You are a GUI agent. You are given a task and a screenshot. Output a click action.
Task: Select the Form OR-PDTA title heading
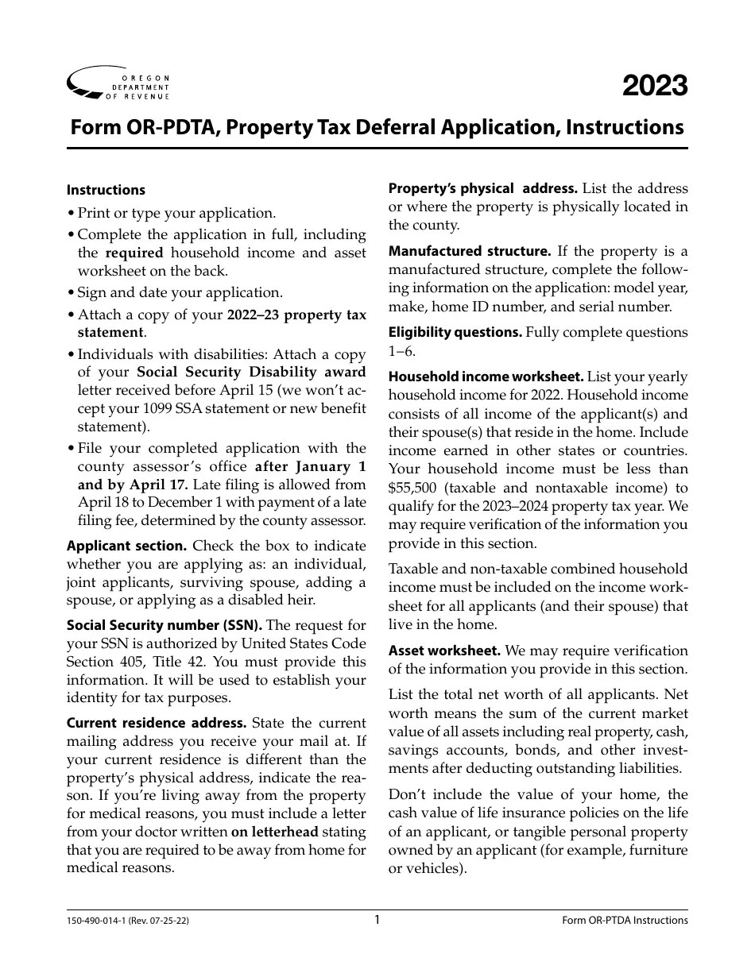[x=377, y=127]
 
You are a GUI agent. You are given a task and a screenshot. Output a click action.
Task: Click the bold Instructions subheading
[x=106, y=190]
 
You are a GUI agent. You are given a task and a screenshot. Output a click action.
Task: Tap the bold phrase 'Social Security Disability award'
[x=251, y=372]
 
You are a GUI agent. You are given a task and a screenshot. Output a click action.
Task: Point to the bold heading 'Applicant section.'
[x=127, y=546]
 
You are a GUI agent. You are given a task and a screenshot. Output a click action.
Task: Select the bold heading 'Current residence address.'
[x=157, y=724]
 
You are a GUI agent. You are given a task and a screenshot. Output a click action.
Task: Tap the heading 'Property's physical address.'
[x=482, y=189]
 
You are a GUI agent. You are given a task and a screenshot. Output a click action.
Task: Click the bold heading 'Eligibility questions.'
[x=455, y=333]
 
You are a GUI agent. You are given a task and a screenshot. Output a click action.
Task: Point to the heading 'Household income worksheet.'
[x=474, y=377]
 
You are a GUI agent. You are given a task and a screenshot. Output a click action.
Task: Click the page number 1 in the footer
[x=377, y=920]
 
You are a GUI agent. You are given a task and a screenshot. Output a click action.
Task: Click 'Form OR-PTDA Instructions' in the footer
[x=625, y=921]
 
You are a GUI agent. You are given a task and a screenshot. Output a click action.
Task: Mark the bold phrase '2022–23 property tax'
[x=296, y=315]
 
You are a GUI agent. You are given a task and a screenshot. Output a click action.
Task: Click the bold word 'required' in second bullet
[x=134, y=253]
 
